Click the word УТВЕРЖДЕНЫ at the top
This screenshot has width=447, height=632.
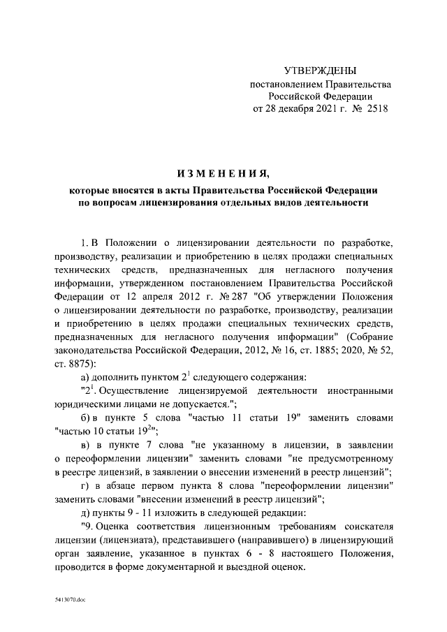321,71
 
